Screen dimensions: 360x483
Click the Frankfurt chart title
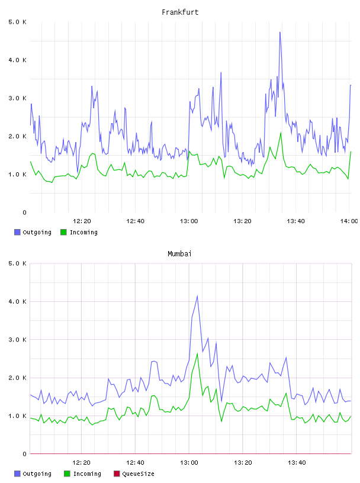[x=180, y=12]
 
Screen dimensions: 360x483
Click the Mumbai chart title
[x=179, y=254]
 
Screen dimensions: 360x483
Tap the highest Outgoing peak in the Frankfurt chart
[x=280, y=32]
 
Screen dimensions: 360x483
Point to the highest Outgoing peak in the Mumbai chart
[x=197, y=296]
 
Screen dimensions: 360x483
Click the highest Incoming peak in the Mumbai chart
[x=197, y=353]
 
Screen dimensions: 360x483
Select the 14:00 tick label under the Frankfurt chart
[x=349, y=221]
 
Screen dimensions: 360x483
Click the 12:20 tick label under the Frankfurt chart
[x=82, y=221]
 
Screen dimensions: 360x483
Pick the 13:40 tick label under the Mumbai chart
[x=297, y=463]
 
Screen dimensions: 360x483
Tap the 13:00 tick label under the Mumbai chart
[x=189, y=463]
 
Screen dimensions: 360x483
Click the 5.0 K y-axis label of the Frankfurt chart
[x=17, y=22]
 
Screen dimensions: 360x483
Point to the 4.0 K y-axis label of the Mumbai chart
[x=17, y=301]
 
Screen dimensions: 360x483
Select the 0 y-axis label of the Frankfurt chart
[x=24, y=212]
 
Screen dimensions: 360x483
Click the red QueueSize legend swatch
[x=117, y=474]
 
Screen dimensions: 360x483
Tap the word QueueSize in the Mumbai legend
[x=138, y=474]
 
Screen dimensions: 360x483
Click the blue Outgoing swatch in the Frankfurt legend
[x=17, y=232]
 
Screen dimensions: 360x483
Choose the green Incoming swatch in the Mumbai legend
[x=67, y=474]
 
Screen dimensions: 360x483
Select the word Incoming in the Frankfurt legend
[x=83, y=233]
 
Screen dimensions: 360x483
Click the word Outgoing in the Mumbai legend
[x=37, y=474]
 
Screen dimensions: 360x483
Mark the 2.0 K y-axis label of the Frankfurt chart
[x=17, y=137]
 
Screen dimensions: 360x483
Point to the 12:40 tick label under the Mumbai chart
[x=135, y=463]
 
